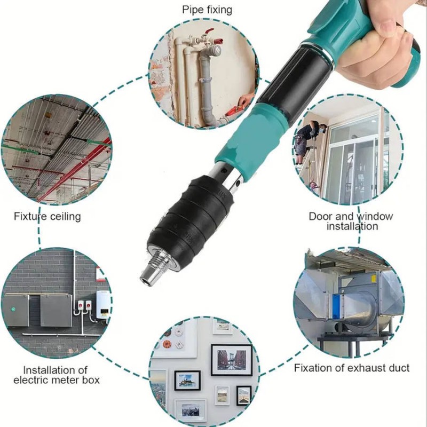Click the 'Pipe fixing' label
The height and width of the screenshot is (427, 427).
click(207, 10)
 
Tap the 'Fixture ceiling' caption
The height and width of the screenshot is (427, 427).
click(48, 217)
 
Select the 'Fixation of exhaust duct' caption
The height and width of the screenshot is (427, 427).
click(352, 368)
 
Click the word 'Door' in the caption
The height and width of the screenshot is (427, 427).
click(321, 217)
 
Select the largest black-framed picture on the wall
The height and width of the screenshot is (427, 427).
click(232, 360)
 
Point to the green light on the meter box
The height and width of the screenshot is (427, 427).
click(13, 309)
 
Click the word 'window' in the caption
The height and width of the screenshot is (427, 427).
click(375, 217)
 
